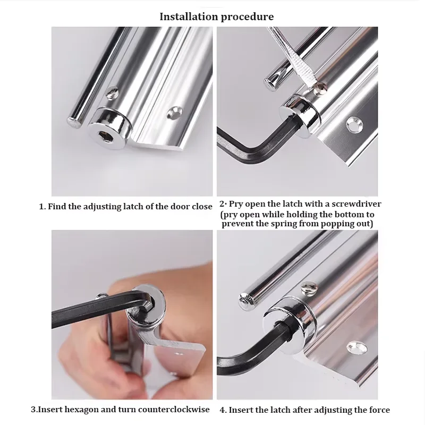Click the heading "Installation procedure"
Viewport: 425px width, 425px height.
coord(217,16)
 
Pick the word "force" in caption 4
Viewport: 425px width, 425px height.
coord(378,410)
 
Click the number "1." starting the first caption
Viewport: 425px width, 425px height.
coord(42,206)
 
